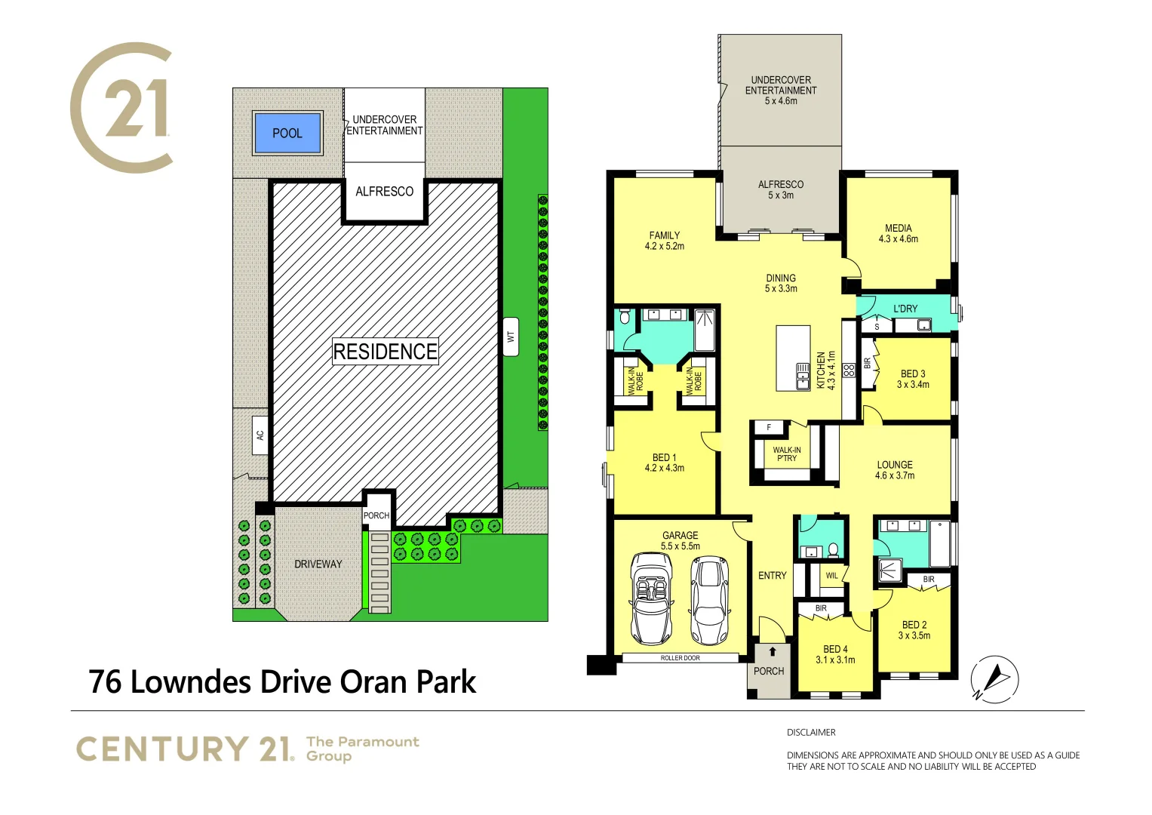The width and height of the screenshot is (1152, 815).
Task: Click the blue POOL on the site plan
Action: click(x=287, y=133)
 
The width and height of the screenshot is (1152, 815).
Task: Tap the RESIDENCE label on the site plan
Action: click(x=385, y=352)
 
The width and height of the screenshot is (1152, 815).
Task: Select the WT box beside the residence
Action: click(x=511, y=337)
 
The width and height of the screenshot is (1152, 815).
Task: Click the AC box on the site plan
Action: click(x=260, y=435)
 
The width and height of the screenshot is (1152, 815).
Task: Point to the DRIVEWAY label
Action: click(x=318, y=564)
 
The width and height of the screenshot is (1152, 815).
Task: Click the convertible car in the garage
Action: click(x=652, y=598)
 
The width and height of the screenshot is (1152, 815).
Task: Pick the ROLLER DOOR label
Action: click(x=680, y=658)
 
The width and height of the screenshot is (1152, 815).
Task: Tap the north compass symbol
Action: click(x=994, y=678)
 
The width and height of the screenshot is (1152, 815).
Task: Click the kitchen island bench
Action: click(x=793, y=358)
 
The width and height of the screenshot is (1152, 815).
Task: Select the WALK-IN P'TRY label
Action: click(x=786, y=454)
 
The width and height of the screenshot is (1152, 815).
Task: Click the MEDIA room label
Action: click(x=898, y=228)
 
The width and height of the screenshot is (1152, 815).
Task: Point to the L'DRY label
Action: click(x=905, y=309)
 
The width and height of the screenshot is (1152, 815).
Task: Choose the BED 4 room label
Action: click(x=835, y=649)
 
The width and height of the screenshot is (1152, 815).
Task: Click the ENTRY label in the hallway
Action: click(x=772, y=576)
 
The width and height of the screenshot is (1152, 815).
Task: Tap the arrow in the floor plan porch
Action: click(x=772, y=651)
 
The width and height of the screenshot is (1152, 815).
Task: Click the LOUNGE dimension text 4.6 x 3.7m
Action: click(x=895, y=476)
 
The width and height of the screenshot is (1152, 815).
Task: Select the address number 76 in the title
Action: click(x=105, y=682)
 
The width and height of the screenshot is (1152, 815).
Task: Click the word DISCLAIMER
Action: click(x=811, y=732)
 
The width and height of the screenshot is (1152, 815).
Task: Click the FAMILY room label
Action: click(x=664, y=235)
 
